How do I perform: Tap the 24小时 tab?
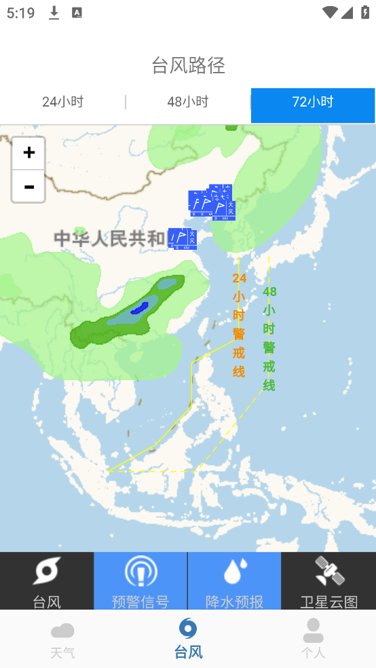(x=62, y=103)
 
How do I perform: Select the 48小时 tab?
(x=188, y=103)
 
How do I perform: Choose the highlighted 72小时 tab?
(x=313, y=103)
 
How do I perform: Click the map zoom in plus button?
(x=29, y=153)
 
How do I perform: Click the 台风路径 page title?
(x=188, y=66)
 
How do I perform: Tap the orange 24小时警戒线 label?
(x=239, y=324)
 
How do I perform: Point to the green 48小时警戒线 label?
(x=269, y=338)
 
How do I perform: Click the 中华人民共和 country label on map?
(x=109, y=238)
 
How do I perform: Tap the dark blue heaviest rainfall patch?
(x=140, y=308)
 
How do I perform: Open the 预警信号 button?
(x=140, y=581)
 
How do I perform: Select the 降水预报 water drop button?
(x=234, y=581)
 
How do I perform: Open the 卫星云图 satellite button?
(x=328, y=581)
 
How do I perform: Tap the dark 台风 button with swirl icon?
(x=47, y=581)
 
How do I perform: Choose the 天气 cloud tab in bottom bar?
(x=62, y=639)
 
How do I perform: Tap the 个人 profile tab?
(x=313, y=639)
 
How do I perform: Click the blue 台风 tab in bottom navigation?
(x=188, y=639)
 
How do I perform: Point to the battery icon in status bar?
(x=364, y=13)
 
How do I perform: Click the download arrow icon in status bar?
(x=54, y=13)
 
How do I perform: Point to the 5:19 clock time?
(x=21, y=13)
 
